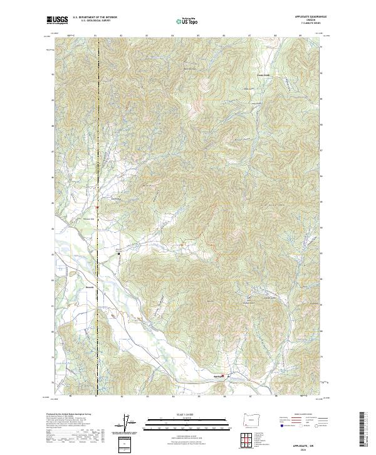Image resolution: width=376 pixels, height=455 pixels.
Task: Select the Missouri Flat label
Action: coord(88,219)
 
